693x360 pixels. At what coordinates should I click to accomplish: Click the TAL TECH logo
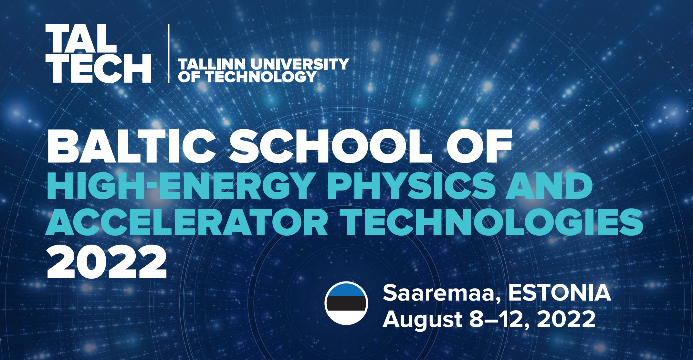point(98,54)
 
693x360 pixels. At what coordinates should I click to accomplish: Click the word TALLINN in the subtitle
point(212,64)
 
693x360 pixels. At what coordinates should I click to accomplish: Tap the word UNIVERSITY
point(300,64)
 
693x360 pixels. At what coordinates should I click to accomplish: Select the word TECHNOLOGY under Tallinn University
point(260,77)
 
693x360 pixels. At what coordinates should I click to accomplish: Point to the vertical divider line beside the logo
point(168,54)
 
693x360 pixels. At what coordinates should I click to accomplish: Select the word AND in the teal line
point(549,186)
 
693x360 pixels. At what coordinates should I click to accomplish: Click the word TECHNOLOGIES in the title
point(493,222)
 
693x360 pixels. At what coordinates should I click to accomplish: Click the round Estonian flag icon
point(346,303)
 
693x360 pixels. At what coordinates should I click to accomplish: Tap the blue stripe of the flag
point(346,289)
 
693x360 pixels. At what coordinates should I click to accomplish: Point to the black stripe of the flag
point(346,303)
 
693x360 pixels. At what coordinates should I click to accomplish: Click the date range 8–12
point(500,319)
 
